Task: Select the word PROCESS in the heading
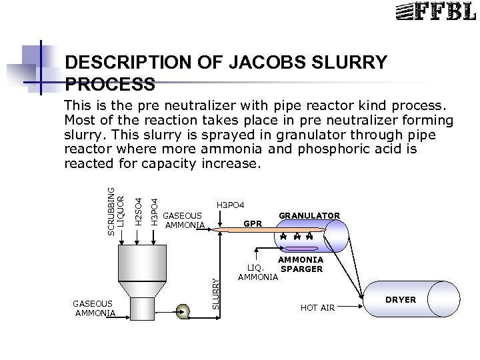point(111,85)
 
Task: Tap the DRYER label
point(401,300)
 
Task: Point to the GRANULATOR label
point(309,215)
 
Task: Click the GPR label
point(253,224)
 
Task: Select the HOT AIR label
point(317,307)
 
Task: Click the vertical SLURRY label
point(215,293)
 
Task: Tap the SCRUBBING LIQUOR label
point(116,200)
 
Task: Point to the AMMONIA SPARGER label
point(301,265)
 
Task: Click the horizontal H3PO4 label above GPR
point(231,204)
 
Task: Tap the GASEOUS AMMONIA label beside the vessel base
point(94,308)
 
